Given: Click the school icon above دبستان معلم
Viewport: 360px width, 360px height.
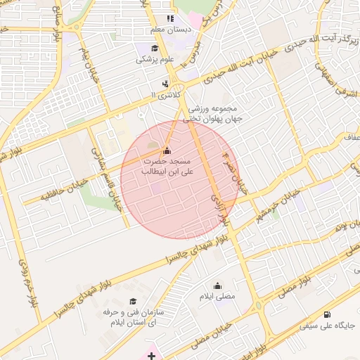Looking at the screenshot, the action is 169,19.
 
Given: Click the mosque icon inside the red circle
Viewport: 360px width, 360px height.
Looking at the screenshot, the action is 167,150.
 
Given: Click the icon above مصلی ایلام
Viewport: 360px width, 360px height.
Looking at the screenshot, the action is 217,285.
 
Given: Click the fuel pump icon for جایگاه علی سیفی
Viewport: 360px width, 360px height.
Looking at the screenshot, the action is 329,314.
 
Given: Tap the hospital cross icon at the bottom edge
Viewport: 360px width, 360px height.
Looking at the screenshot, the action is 152,355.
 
